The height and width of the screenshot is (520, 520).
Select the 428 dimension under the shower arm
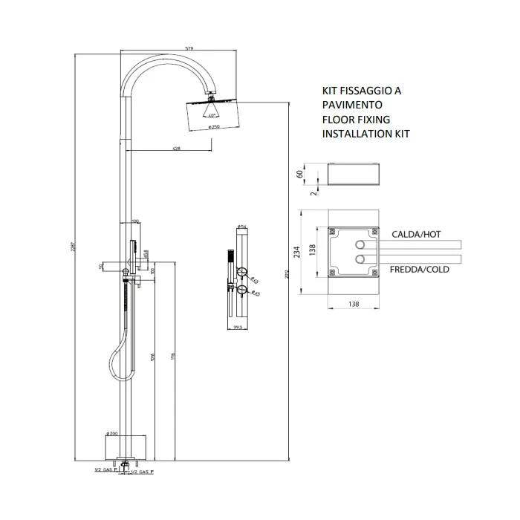[176, 149]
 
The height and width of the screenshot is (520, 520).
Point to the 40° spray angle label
[212, 115]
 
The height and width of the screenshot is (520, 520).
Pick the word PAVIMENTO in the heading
[352, 105]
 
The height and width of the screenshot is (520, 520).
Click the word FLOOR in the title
[337, 119]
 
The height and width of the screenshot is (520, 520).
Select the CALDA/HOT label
[416, 234]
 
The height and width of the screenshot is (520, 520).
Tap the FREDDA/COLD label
[420, 270]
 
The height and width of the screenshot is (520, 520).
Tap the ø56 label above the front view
[241, 227]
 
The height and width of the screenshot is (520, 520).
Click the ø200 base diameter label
[113, 432]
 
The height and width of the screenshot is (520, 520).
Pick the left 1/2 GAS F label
[102, 471]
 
